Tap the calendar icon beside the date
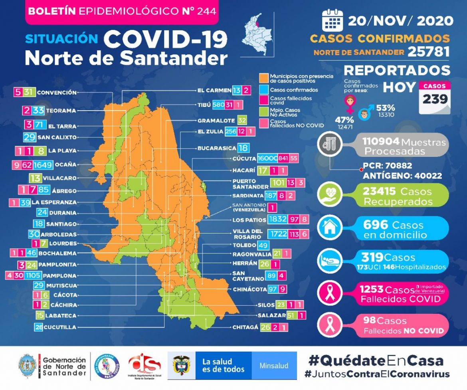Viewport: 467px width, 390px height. pos(332,20)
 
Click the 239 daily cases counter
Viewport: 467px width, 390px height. pos(435,99)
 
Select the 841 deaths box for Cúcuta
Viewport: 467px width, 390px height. pos(283,158)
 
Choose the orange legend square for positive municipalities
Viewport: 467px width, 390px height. pos(263,77)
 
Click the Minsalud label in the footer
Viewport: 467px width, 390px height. pos(274,366)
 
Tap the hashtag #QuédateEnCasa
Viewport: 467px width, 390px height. pos(376,360)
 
